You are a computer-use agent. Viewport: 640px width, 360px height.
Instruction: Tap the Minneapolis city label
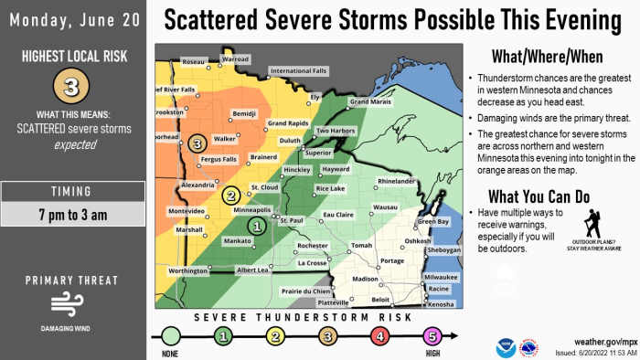tap(252, 209)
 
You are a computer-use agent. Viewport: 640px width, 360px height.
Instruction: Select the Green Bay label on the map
tap(432, 222)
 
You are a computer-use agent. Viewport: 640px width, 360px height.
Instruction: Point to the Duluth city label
tap(291, 141)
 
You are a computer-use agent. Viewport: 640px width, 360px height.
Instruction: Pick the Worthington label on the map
tap(188, 271)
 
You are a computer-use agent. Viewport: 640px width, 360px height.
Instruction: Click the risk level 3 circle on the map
tap(197, 143)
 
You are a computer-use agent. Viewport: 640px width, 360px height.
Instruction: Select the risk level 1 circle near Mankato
tap(258, 226)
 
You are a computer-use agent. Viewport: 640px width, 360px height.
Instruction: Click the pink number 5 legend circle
tap(432, 336)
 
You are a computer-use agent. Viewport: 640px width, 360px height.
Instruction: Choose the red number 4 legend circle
tap(379, 336)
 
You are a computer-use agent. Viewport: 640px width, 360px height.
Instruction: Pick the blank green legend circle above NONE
tap(169, 336)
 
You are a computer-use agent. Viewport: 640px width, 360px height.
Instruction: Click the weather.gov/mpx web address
tap(603, 340)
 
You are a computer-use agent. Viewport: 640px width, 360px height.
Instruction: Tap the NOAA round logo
tap(506, 347)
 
